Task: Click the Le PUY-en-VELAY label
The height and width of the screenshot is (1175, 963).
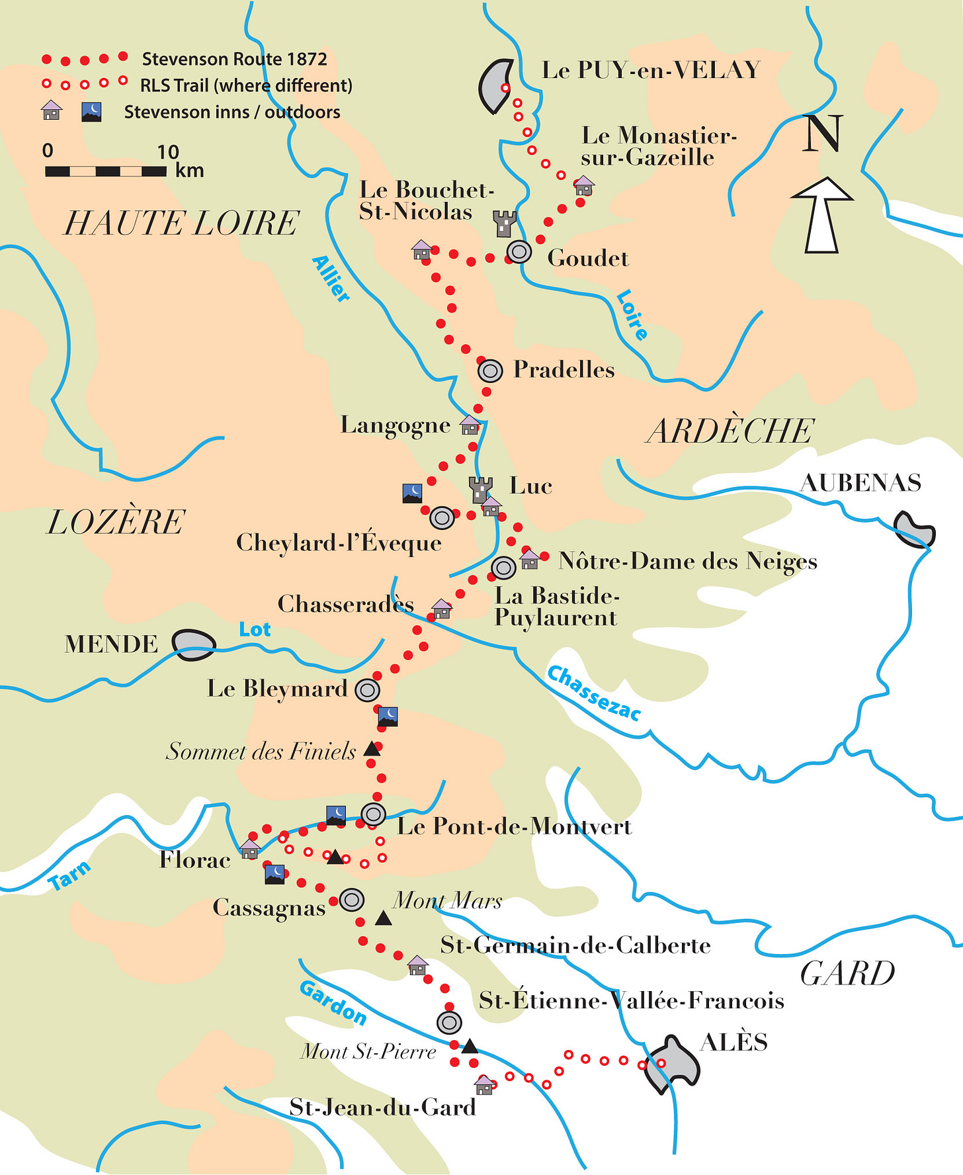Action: click(x=651, y=70)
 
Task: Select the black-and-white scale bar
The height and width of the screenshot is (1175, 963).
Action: click(x=106, y=171)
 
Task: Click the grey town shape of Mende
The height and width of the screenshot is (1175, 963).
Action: click(x=194, y=644)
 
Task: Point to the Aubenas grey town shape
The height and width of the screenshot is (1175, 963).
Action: click(x=915, y=529)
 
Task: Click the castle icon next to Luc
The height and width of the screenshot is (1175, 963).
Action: click(x=481, y=490)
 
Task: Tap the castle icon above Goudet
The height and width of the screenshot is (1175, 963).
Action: click(x=505, y=224)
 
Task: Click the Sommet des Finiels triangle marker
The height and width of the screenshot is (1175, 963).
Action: click(x=372, y=750)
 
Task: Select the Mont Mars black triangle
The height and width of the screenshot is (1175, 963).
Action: click(x=383, y=918)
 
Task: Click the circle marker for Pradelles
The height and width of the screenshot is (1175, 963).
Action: click(x=490, y=370)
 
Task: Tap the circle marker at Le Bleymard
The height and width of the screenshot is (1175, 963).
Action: click(x=367, y=690)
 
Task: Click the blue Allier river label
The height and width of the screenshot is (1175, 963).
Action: click(x=330, y=279)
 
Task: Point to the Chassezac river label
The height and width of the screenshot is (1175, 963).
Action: click(x=594, y=693)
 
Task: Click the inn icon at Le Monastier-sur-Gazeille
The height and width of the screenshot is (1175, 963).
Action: click(x=584, y=185)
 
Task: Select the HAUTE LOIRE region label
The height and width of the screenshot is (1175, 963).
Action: click(x=181, y=223)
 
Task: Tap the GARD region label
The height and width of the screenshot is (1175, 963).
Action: click(x=847, y=974)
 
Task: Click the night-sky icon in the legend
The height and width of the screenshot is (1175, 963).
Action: click(x=91, y=112)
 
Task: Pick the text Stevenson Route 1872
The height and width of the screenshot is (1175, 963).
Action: click(x=234, y=60)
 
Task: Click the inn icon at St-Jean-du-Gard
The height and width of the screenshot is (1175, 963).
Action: click(x=484, y=1084)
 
